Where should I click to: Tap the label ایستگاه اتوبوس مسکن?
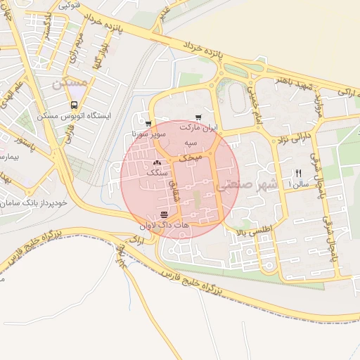point(75,115)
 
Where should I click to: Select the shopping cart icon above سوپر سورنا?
point(148,124)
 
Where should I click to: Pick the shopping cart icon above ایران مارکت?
point(199,117)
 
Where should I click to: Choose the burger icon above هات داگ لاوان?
point(164,214)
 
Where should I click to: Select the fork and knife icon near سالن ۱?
point(298,173)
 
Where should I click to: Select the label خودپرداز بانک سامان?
point(34,202)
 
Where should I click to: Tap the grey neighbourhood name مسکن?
point(70,83)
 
